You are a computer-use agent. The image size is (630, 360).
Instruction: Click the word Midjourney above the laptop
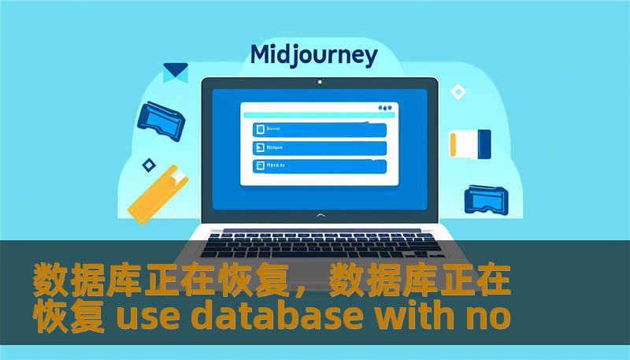click(313, 55)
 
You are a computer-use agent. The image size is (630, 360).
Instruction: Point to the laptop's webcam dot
click(319, 81)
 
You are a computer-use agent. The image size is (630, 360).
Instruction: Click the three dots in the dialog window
click(384, 108)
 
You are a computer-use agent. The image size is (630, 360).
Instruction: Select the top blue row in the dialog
click(319, 129)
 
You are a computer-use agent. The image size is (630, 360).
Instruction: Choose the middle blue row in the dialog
click(319, 147)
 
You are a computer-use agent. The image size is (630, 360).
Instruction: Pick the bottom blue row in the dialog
click(319, 165)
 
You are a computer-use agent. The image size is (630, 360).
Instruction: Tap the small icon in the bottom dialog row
click(258, 165)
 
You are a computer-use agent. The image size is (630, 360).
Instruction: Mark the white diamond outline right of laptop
click(458, 92)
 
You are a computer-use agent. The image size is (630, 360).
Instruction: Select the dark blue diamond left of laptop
click(147, 165)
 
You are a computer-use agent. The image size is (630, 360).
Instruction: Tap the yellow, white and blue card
click(470, 143)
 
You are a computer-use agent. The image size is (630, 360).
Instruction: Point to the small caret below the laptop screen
click(319, 215)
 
